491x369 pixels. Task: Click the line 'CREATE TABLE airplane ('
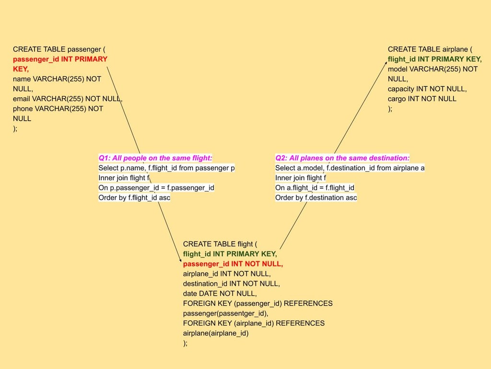click(x=430, y=49)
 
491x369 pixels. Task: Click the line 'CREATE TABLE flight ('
click(x=220, y=244)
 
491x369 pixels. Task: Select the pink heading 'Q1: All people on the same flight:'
click(x=155, y=158)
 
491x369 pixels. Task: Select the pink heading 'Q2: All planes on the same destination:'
click(x=342, y=158)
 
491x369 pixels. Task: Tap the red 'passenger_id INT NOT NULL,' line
click(x=233, y=264)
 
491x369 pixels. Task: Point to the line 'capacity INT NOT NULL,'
click(x=427, y=89)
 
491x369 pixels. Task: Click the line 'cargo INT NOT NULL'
click(x=422, y=99)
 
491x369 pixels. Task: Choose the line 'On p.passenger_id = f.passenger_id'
click(x=156, y=188)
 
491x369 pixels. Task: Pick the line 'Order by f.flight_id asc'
click(x=134, y=198)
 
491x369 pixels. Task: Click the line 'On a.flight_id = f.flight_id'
click(x=315, y=188)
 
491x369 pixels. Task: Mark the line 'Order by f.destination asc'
click(x=316, y=198)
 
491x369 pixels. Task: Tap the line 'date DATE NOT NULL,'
click(x=220, y=293)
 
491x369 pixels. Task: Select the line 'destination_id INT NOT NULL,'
click(x=231, y=284)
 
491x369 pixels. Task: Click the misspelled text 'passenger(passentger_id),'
click(x=225, y=313)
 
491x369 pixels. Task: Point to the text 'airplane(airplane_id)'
click(x=216, y=333)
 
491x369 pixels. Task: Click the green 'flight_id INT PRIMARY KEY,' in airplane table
click(x=434, y=59)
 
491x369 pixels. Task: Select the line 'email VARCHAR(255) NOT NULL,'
click(x=68, y=99)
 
